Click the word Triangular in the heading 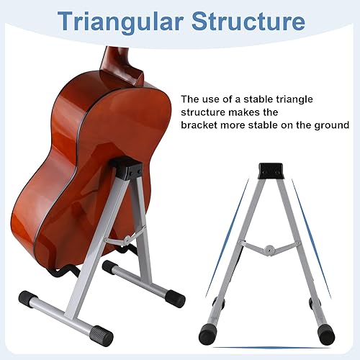[120, 22]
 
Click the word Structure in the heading [248, 22]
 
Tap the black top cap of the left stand [126, 168]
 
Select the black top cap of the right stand [271, 171]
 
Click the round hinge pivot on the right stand [269, 249]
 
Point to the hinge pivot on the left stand [127, 239]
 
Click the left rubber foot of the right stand [207, 333]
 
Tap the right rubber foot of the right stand [326, 335]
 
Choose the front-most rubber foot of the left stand [102, 334]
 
